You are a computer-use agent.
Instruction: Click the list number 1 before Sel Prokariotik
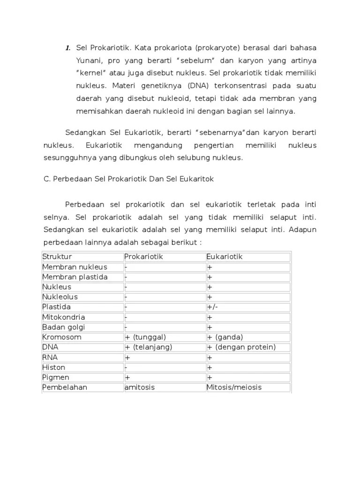tap(67, 48)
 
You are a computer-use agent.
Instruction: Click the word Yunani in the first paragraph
tap(90, 61)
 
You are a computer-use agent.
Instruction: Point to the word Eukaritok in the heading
tap(198, 179)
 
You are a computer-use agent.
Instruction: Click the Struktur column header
tap(57, 257)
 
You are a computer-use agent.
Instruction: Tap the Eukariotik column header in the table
tap(225, 257)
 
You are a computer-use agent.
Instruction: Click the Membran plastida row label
tap(75, 277)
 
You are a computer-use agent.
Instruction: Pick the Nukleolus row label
tap(60, 297)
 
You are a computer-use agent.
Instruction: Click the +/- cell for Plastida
tap(212, 307)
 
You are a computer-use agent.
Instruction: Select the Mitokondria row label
tap(64, 317)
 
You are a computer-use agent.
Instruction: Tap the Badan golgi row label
tap(64, 327)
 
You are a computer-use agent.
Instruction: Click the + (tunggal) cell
tap(145, 337)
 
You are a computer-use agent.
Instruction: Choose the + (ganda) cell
tap(225, 337)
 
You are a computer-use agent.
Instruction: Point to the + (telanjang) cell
tap(149, 347)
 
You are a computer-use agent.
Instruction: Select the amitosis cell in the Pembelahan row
tap(140, 388)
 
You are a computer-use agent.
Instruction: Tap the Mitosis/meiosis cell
tap(234, 388)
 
